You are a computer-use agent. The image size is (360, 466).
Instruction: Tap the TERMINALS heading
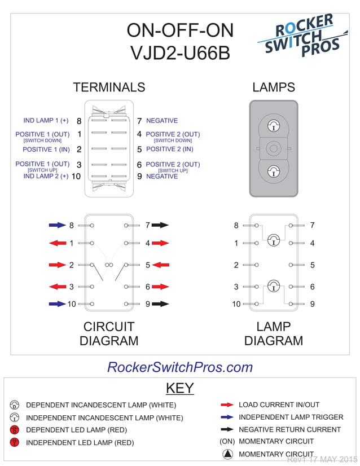[109, 87]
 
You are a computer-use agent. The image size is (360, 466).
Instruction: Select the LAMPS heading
[274, 87]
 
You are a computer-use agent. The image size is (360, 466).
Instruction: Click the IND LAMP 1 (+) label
[46, 121]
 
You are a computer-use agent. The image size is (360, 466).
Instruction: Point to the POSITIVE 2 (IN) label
[169, 150]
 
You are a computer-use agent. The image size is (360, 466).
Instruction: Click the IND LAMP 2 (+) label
[46, 176]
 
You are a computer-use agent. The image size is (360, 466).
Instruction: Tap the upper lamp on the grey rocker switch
[274, 125]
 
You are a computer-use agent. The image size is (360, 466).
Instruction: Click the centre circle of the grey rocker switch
[274, 149]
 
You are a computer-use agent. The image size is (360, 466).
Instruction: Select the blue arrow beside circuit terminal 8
[57, 225]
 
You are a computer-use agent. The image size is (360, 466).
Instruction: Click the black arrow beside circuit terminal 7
[160, 225]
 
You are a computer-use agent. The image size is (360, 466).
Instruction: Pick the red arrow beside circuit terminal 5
[160, 265]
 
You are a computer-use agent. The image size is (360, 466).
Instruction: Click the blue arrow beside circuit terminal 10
[57, 304]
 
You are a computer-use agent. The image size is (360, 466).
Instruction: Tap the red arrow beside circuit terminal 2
[57, 265]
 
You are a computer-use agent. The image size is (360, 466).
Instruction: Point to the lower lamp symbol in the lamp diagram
[274, 286]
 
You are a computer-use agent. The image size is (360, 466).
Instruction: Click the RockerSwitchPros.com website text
[180, 367]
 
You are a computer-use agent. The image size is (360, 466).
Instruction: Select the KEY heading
[180, 388]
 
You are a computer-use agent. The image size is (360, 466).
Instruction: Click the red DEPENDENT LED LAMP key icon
[15, 430]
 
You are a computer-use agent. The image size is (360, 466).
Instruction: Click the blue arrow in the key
[227, 417]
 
